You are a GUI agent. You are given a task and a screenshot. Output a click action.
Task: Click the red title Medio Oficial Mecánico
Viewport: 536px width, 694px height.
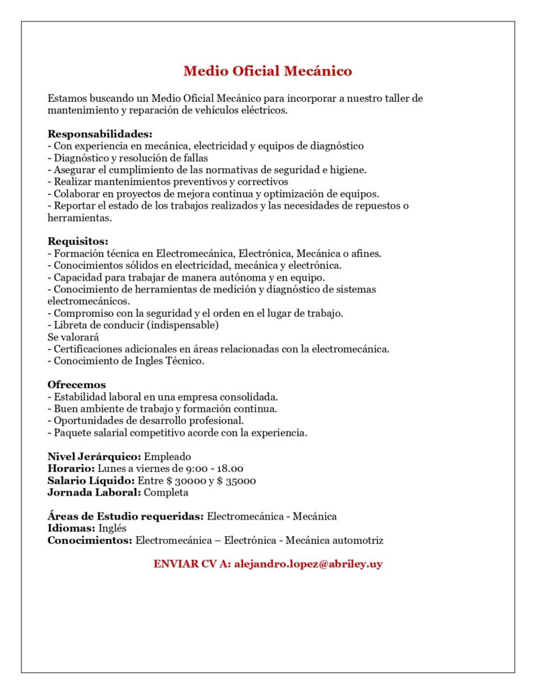click(x=267, y=71)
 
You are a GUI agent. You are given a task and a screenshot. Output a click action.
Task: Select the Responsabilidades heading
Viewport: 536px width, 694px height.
click(x=100, y=134)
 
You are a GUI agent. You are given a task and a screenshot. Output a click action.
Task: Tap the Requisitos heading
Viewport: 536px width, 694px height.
click(x=78, y=242)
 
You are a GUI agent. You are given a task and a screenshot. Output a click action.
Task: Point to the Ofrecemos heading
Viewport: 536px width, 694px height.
click(x=77, y=385)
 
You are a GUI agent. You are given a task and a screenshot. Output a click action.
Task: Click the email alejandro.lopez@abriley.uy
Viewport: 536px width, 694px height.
click(x=308, y=564)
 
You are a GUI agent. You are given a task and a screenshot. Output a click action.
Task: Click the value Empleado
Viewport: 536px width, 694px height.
click(x=167, y=457)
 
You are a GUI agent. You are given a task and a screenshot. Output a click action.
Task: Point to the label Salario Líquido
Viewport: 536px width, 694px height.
click(x=91, y=480)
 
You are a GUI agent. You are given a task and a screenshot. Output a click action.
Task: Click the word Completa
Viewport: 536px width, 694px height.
click(x=166, y=492)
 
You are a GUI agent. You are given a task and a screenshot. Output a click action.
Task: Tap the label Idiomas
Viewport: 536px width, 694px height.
click(x=71, y=529)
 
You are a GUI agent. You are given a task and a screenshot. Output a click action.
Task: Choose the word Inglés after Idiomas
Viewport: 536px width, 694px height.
click(x=112, y=529)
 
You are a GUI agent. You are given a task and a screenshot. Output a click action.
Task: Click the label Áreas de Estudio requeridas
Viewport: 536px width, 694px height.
click(x=126, y=517)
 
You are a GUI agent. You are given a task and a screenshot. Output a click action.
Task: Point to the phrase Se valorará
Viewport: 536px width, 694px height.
click(x=73, y=337)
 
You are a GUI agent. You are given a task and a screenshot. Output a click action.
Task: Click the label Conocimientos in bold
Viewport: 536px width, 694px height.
click(x=90, y=540)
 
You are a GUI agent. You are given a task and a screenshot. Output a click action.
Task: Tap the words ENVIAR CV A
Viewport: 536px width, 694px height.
click(x=192, y=564)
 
